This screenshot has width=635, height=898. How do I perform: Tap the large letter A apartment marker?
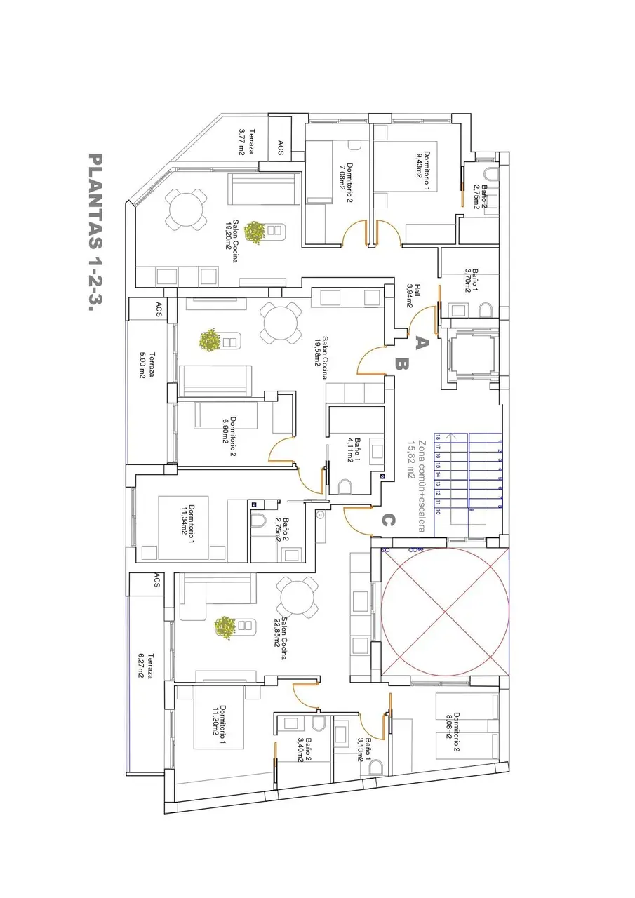click(x=421, y=343)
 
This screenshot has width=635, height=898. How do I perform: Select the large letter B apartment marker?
click(x=401, y=364)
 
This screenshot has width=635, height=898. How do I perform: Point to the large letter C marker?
click(x=387, y=521)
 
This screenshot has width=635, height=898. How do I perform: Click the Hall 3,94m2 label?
click(x=413, y=295)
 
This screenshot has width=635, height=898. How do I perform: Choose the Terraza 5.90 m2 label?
click(x=147, y=365)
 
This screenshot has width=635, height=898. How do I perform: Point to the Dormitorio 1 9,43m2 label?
click(x=423, y=170)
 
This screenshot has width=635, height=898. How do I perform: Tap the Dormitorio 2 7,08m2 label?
click(x=345, y=182)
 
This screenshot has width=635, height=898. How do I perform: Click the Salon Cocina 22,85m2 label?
click(x=280, y=638)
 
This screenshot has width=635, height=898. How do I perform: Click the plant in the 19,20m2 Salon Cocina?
click(x=254, y=232)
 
